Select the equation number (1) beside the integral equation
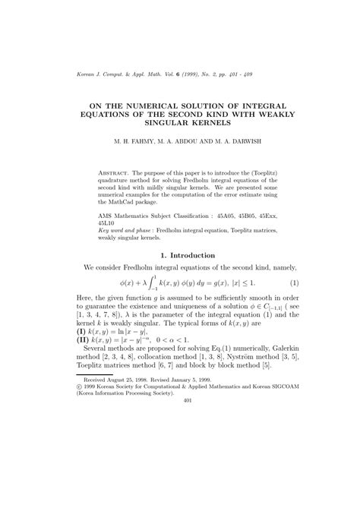294,283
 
